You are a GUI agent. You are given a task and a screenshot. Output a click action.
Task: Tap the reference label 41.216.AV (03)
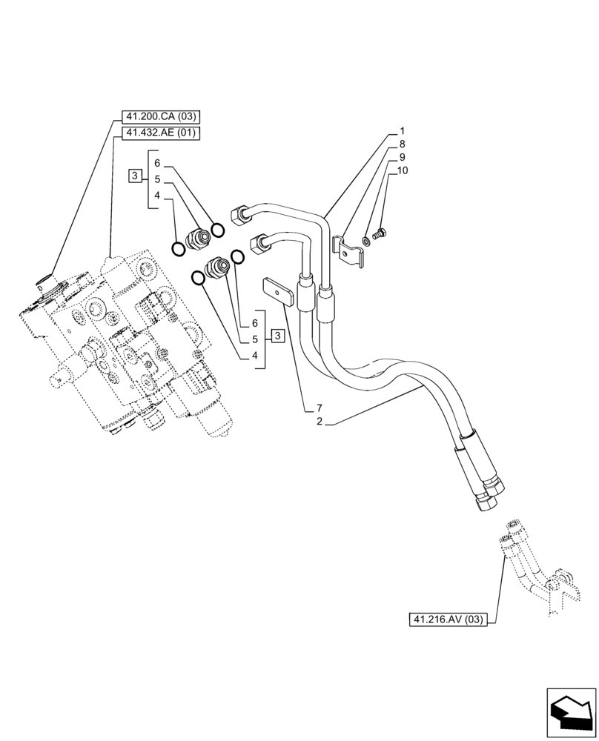click(x=446, y=619)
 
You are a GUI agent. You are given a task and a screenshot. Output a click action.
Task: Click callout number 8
click(x=402, y=144)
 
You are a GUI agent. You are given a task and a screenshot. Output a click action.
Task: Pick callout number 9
click(x=402, y=157)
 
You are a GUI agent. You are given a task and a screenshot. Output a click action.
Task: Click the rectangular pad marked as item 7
click(x=277, y=291)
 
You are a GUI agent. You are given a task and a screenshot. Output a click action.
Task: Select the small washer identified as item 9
click(x=367, y=241)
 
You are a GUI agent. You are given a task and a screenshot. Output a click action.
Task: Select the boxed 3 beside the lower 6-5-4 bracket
click(x=277, y=337)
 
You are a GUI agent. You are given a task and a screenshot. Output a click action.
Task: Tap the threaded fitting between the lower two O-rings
click(x=218, y=267)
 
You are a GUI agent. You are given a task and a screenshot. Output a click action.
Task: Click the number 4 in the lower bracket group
click(x=255, y=356)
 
